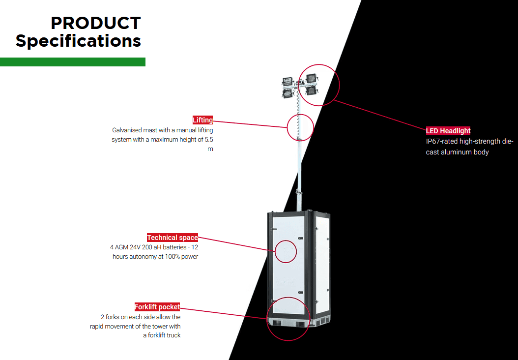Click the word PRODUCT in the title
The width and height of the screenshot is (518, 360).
96,23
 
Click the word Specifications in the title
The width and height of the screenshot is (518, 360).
79,40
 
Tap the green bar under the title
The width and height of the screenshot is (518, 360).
73,62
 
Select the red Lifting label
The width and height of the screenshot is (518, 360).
202,120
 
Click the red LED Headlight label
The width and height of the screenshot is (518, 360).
448,131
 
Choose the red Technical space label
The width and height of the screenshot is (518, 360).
173,238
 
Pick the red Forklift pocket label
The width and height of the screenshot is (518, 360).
157,307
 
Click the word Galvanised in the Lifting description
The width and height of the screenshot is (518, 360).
127,130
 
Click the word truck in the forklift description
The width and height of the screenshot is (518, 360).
173,335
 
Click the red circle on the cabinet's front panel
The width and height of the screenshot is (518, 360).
286,252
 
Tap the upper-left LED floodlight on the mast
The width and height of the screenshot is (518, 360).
288,81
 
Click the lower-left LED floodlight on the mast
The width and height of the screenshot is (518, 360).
287,92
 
